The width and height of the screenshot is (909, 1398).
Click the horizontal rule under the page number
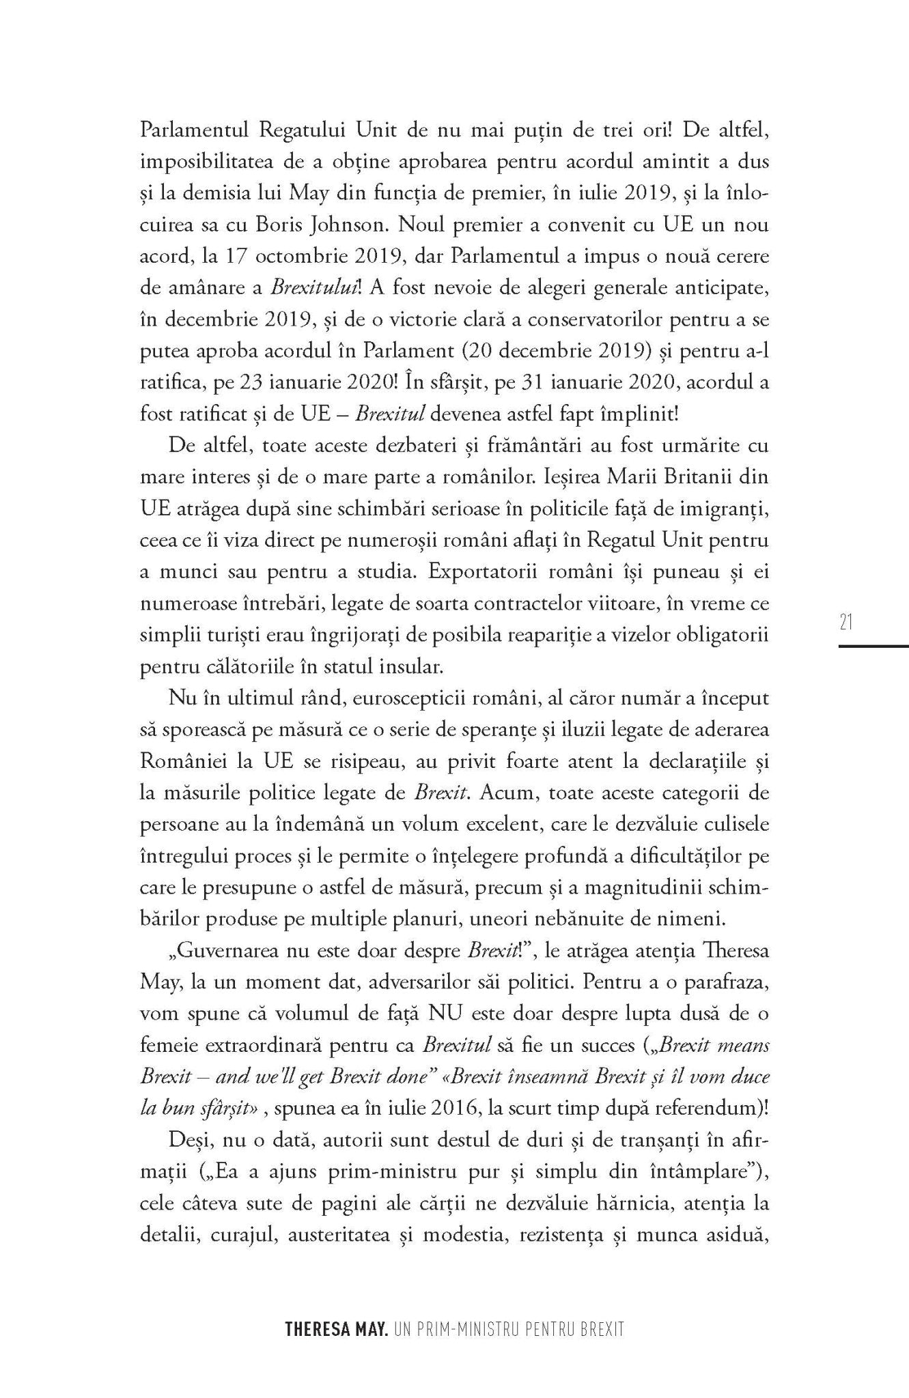tap(873, 645)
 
